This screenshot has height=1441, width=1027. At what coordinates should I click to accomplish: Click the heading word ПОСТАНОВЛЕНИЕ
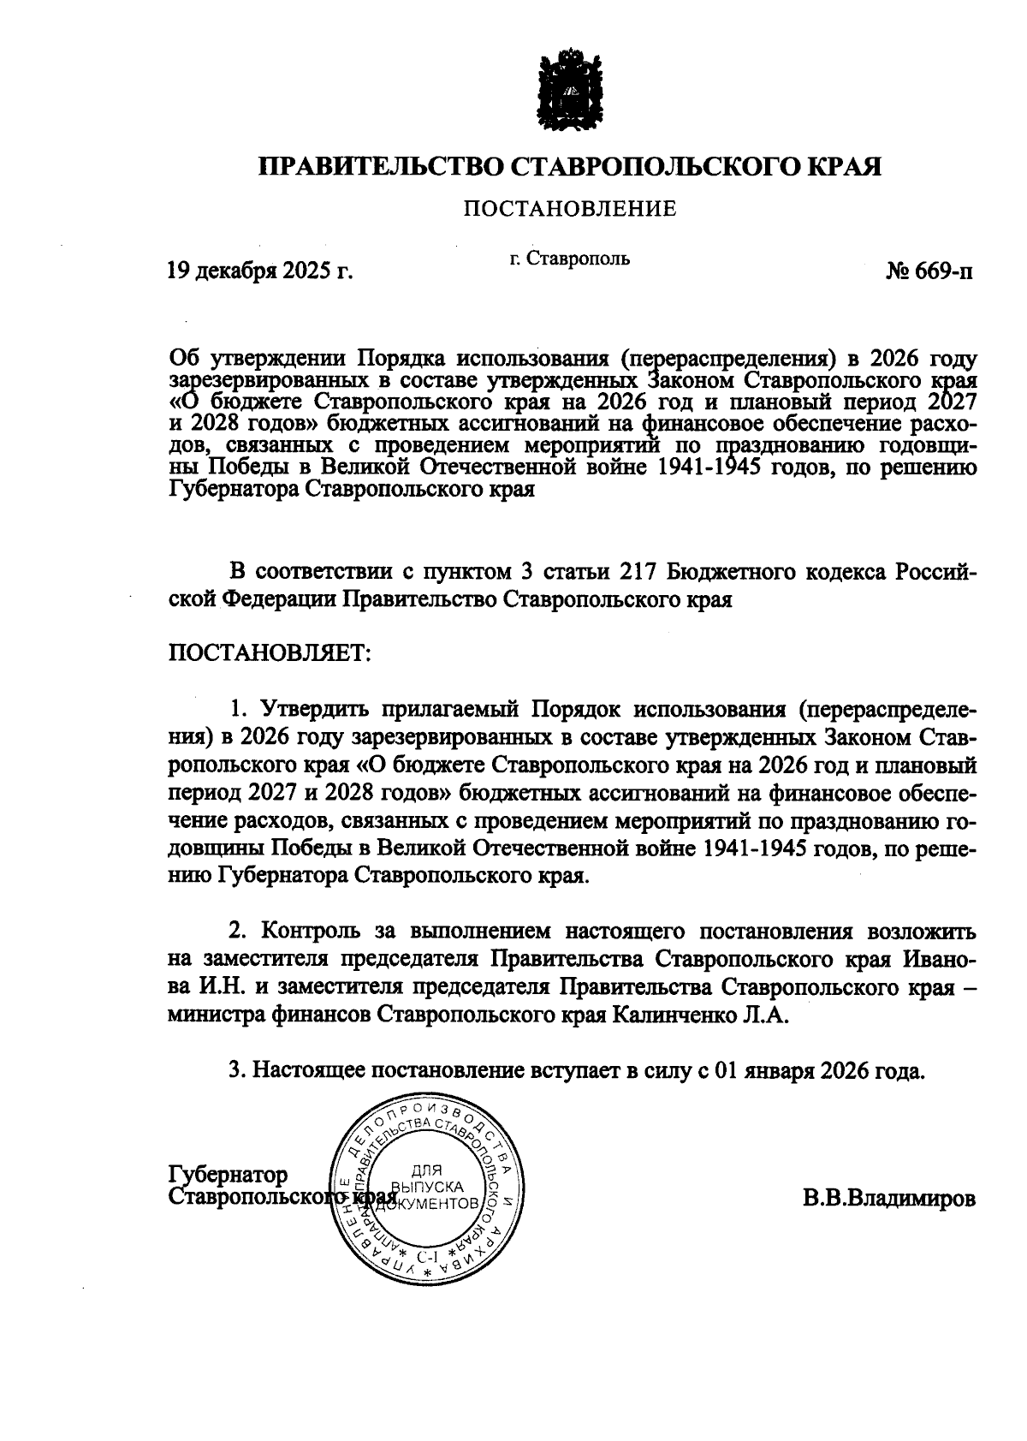click(x=570, y=208)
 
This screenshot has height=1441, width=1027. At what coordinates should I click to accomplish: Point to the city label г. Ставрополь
click(x=570, y=258)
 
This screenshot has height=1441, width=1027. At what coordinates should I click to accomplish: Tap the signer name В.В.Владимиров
click(x=888, y=1197)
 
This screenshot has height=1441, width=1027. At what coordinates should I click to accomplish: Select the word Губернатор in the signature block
click(x=229, y=1174)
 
